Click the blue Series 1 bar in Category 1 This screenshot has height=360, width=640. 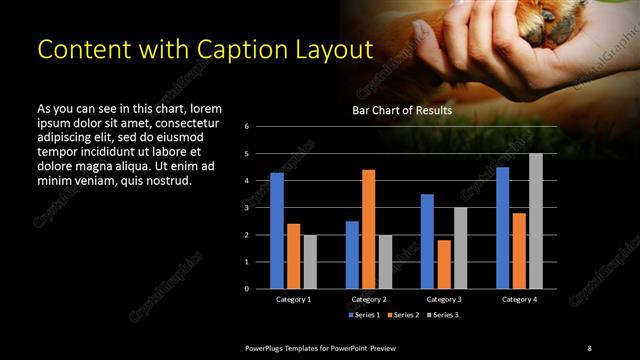click(277, 230)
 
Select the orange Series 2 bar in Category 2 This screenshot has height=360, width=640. click(368, 229)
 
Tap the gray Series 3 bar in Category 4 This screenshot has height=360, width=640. click(536, 220)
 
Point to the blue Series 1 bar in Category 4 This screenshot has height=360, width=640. click(502, 227)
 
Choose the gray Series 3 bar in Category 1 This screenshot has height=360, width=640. click(310, 261)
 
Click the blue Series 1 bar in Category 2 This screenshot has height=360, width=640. click(352, 254)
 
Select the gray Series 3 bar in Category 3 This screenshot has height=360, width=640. click(460, 247)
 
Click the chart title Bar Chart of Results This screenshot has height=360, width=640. click(401, 110)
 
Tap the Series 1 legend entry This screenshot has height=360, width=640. click(363, 314)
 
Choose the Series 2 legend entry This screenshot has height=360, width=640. click(403, 314)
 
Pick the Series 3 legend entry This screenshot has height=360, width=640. click(442, 314)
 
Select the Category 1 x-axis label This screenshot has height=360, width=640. click(293, 299)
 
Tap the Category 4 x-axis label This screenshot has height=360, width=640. click(519, 299)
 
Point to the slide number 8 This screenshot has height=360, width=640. click(589, 347)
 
